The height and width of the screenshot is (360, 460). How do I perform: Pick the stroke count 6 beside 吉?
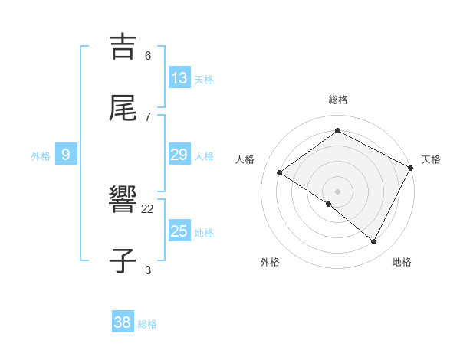click(x=148, y=56)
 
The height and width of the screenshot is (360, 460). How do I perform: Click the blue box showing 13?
click(x=179, y=78)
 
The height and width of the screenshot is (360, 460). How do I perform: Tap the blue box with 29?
click(x=179, y=155)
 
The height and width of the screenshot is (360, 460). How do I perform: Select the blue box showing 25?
click(x=179, y=231)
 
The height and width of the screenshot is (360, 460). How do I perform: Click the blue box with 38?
click(x=123, y=322)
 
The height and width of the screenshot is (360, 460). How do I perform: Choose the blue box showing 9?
click(x=66, y=155)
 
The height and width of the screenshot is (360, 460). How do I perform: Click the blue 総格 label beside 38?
click(x=147, y=324)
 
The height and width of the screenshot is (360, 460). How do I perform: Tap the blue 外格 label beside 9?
click(x=41, y=156)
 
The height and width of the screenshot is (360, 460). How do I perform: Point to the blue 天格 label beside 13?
click(x=204, y=80)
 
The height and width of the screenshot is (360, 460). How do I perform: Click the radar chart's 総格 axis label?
click(x=338, y=100)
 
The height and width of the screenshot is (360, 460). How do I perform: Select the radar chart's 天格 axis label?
click(x=431, y=159)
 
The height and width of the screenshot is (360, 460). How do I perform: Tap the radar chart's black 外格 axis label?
click(x=270, y=262)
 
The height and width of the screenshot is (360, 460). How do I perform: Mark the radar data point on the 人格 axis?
click(x=280, y=173)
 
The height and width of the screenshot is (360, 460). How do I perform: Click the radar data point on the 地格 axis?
click(x=374, y=242)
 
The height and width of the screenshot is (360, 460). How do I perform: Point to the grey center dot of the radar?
click(x=338, y=191)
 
